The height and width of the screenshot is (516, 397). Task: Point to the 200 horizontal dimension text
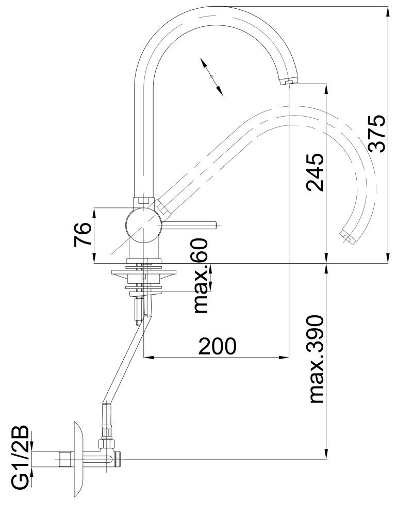click(x=217, y=346)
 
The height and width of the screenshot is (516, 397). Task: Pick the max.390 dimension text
click(x=315, y=359)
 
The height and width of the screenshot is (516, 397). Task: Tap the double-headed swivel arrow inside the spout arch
click(x=211, y=76)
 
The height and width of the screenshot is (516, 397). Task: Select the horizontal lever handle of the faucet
click(x=191, y=224)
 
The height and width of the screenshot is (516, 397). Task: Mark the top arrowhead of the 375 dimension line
click(x=387, y=10)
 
